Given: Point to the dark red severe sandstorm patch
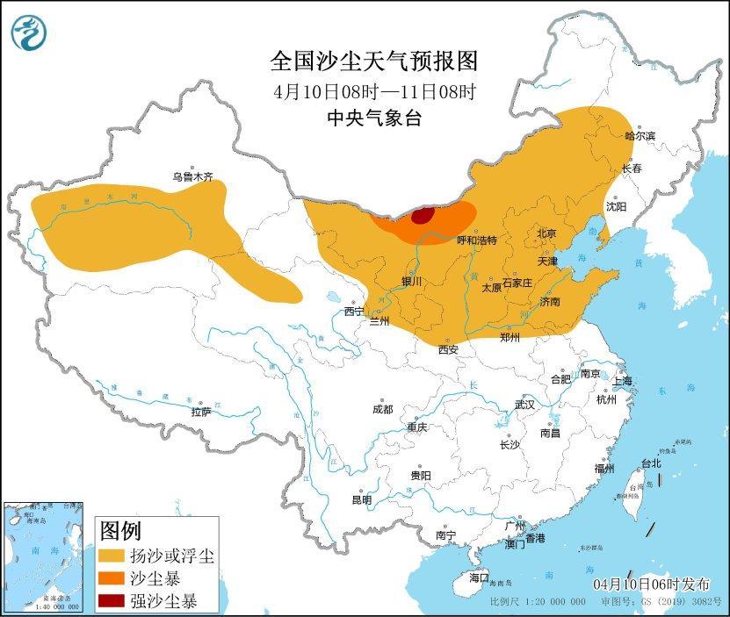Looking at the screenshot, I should [x=423, y=216].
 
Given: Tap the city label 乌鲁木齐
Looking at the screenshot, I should [x=192, y=176].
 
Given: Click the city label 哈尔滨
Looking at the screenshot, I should [x=640, y=136].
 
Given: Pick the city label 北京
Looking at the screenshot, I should [x=546, y=233].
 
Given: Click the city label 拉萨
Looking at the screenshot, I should [x=201, y=412].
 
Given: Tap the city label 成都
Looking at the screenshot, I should [x=382, y=409].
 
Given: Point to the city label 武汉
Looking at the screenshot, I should [x=524, y=405].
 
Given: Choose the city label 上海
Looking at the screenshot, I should [x=622, y=381].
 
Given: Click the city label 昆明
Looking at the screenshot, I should [x=361, y=499].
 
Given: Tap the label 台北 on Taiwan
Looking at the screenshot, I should [x=650, y=463].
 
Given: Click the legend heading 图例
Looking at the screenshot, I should [x=120, y=530].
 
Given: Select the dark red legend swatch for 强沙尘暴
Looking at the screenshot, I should [x=111, y=601].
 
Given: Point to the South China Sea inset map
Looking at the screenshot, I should [x=44, y=556].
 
